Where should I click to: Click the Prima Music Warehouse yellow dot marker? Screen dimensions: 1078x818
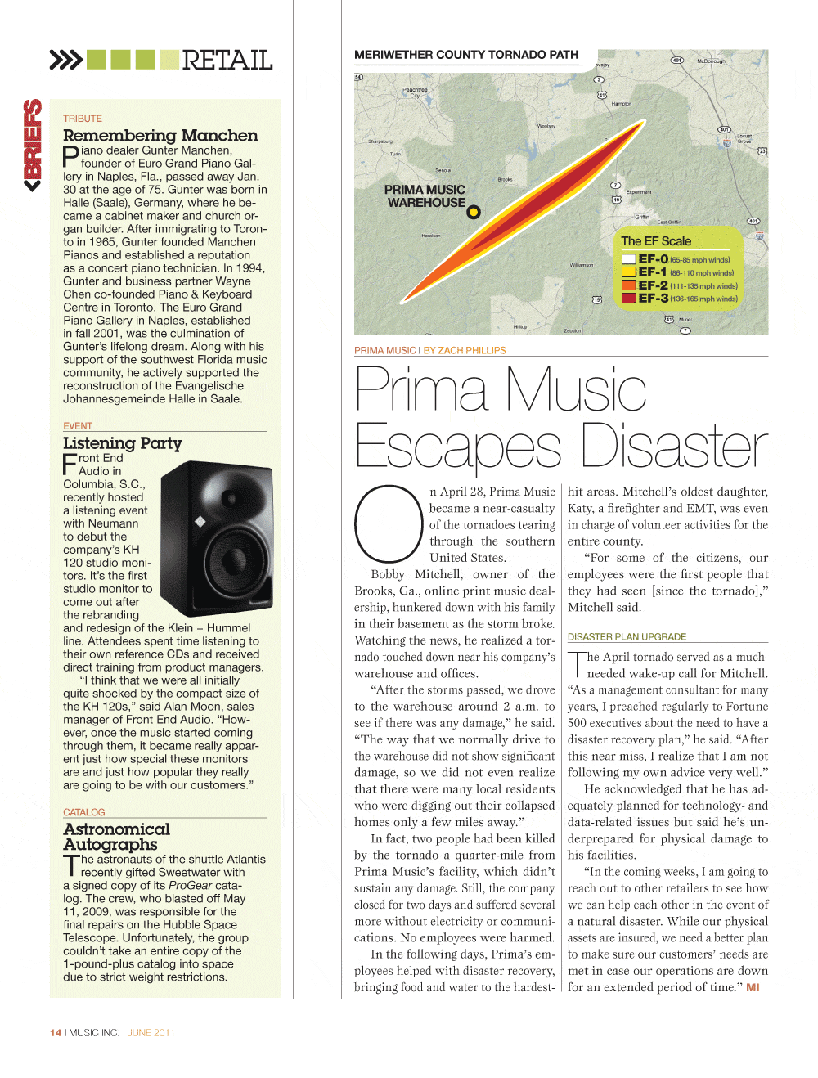click(x=473, y=213)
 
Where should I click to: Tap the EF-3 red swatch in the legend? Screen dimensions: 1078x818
click(x=629, y=299)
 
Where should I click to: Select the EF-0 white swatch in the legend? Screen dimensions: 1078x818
click(x=629, y=259)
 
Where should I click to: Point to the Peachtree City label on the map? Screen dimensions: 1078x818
click(x=415, y=92)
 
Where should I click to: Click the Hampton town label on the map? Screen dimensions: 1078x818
click(x=622, y=104)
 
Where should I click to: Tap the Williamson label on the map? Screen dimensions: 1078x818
click(x=582, y=265)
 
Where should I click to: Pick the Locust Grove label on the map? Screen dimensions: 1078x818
click(x=744, y=138)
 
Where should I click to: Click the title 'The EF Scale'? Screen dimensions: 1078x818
click(x=656, y=241)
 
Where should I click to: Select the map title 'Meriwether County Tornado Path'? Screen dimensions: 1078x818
click(x=466, y=55)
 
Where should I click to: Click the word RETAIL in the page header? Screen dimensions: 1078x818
click(x=227, y=60)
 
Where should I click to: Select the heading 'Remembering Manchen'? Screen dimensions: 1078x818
click(x=160, y=136)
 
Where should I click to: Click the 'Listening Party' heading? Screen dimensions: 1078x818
click(x=123, y=443)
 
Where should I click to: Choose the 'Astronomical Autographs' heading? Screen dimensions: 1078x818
click(x=117, y=837)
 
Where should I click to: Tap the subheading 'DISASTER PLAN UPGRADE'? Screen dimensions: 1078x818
click(x=627, y=637)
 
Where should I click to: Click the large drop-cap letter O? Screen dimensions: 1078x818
click(x=387, y=523)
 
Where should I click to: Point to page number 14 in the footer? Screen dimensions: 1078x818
click(x=56, y=1033)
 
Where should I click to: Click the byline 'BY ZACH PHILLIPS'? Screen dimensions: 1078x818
click(x=465, y=350)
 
